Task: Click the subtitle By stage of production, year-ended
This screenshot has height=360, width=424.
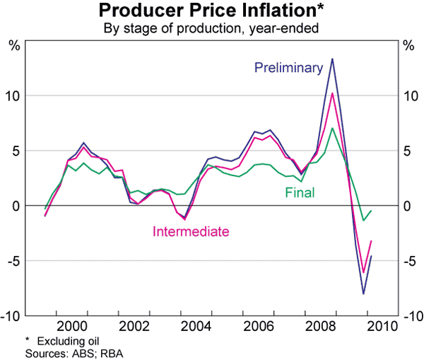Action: tap(212, 28)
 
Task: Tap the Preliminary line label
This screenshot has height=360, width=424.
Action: tap(288, 68)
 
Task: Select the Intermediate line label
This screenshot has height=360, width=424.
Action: tap(192, 231)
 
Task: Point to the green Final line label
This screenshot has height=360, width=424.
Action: tap(300, 192)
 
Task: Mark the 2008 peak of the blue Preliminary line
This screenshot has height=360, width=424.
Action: tap(332, 59)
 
